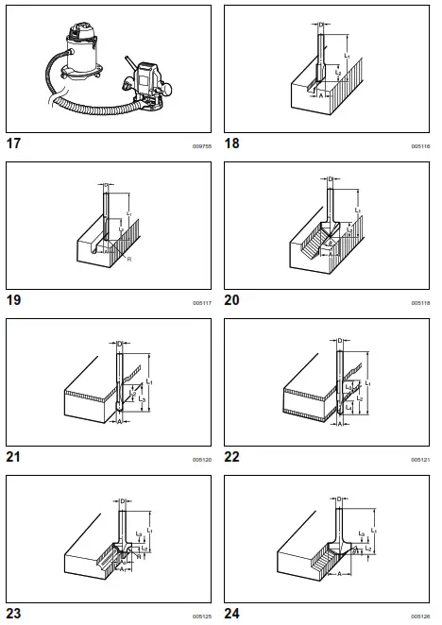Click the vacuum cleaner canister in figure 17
[90, 57]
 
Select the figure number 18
[232, 144]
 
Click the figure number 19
[14, 301]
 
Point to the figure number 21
[14, 458]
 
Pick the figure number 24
[232, 614]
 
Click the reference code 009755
[202, 146]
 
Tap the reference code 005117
[202, 303]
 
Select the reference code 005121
[420, 460]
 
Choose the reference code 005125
[202, 616]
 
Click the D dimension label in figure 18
[321, 24]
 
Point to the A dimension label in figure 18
[321, 95]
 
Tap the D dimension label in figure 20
[330, 180]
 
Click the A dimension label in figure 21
[121, 422]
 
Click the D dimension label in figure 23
[123, 500]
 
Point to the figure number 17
[14, 144]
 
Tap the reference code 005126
[420, 616]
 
